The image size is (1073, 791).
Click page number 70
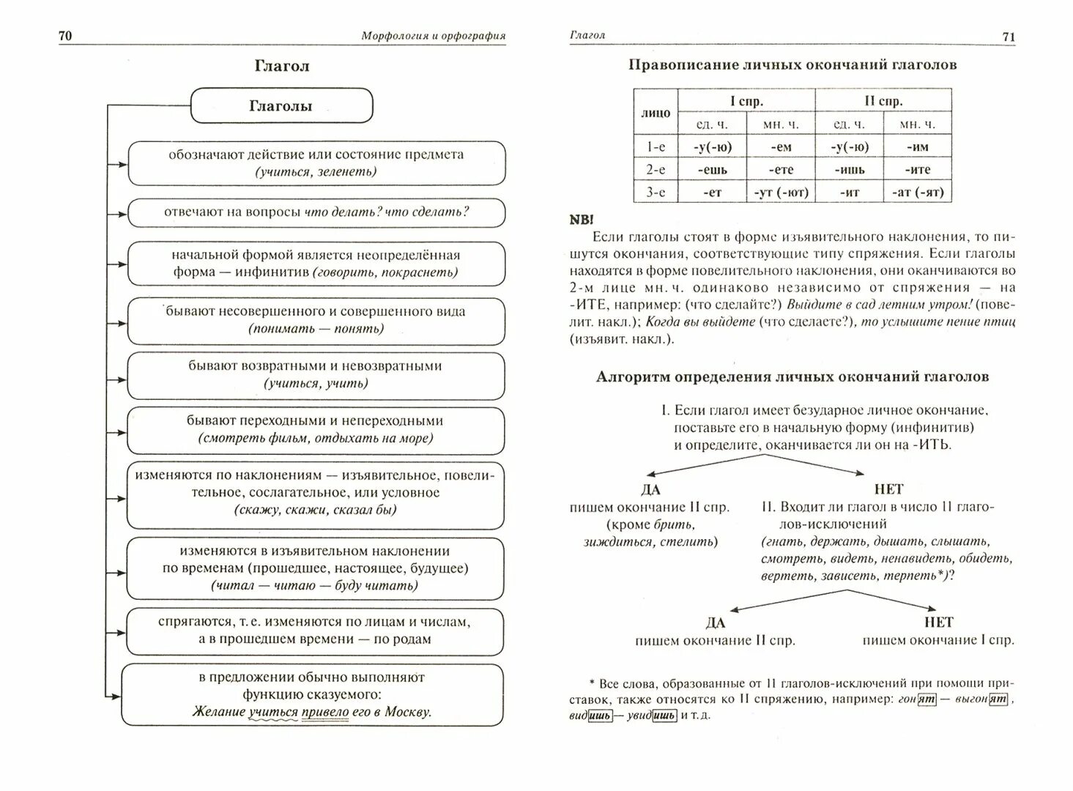click(65, 36)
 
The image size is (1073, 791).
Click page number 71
click(1009, 37)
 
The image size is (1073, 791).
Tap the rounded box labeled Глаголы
click(281, 106)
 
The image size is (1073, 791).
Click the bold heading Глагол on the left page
click(282, 66)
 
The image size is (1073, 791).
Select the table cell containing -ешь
click(710, 169)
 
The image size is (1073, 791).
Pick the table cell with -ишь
click(850, 169)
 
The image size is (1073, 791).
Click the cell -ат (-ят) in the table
click(918, 192)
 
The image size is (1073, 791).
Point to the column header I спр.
click(746, 100)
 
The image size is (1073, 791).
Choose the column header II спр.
click(883, 100)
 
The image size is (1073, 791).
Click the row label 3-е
click(656, 192)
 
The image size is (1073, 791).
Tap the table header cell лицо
click(656, 112)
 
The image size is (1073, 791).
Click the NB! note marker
click(582, 220)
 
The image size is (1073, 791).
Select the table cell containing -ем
click(781, 146)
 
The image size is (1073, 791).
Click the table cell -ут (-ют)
click(781, 192)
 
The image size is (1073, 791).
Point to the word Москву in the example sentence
click(406, 711)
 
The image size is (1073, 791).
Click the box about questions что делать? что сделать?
click(316, 212)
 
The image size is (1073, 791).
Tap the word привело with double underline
click(325, 711)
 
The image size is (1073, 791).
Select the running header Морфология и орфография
click(434, 36)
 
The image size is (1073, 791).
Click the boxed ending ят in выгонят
click(998, 699)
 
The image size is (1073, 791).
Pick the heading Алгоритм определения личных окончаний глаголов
click(792, 376)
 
